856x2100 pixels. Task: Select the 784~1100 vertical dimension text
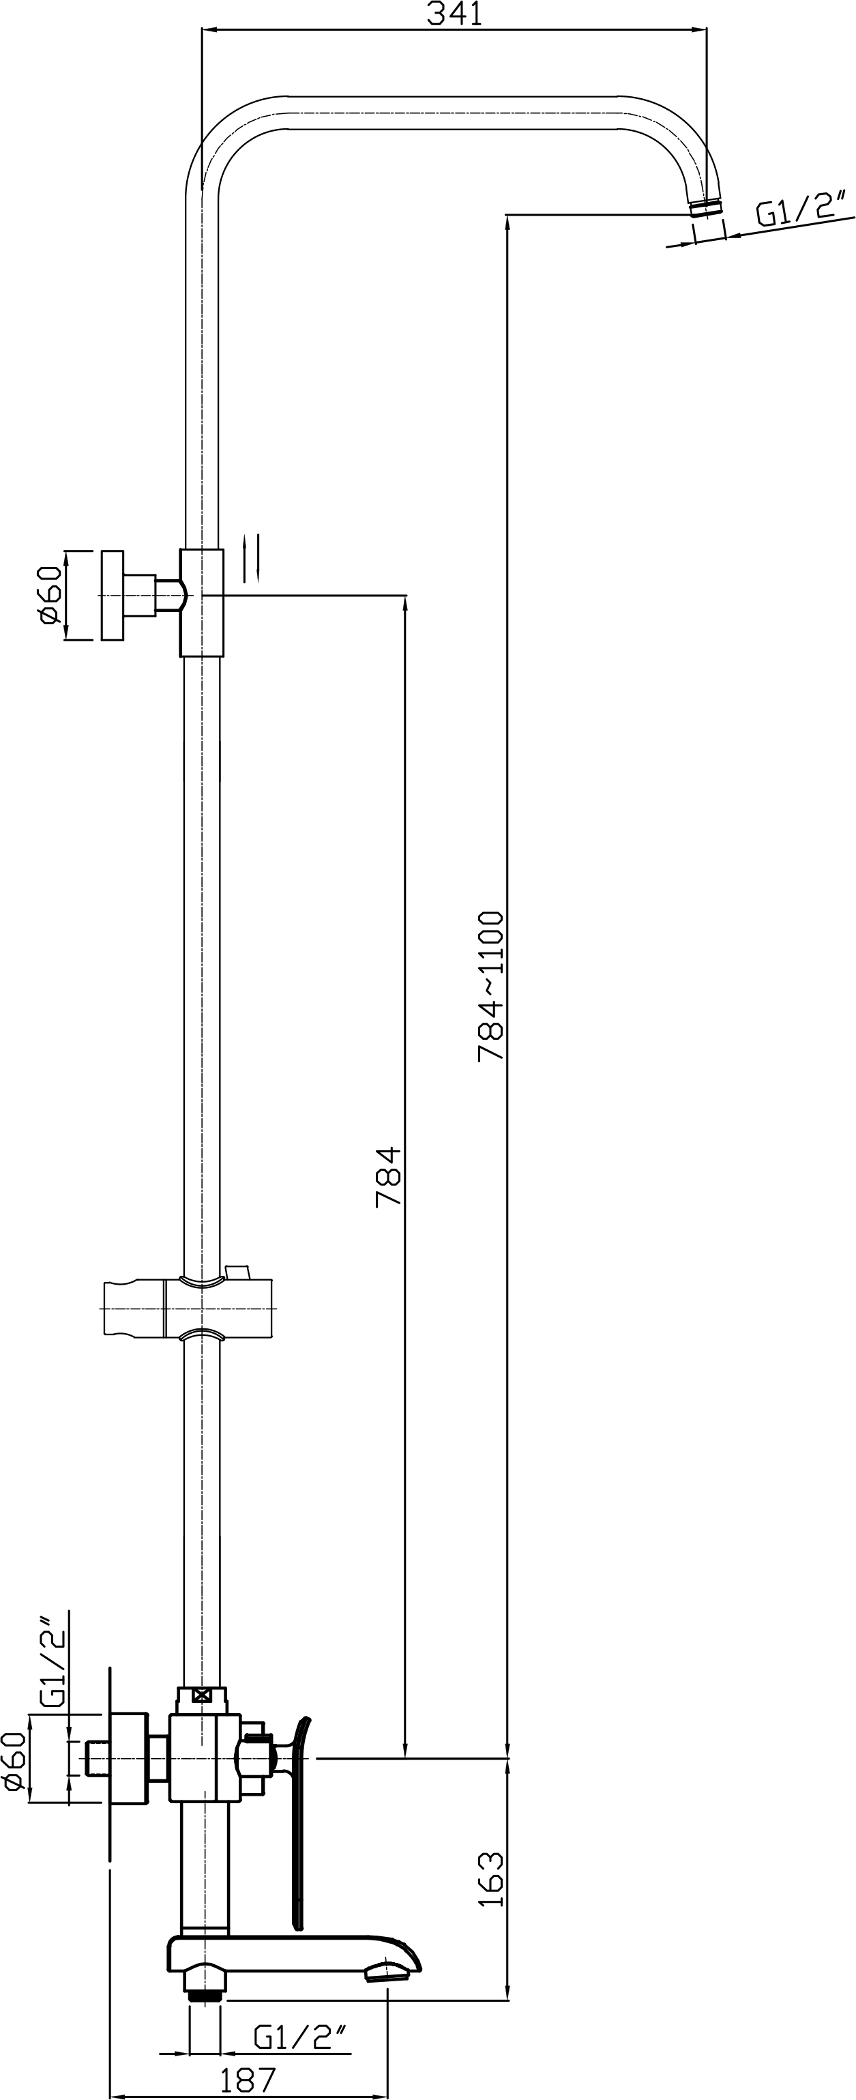tap(492, 986)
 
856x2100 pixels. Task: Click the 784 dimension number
tap(389, 1177)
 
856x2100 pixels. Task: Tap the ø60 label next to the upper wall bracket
tap(49, 595)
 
